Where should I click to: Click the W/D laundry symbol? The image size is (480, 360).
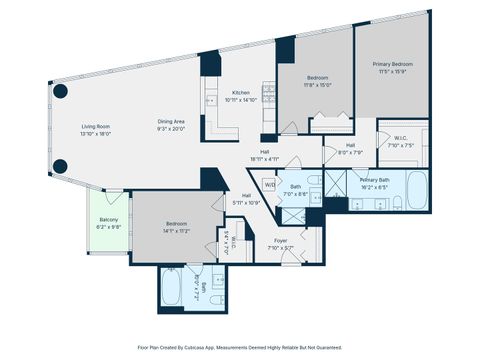[270, 185]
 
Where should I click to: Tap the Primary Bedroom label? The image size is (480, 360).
[393, 68]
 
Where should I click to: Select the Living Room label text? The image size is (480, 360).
[96, 129]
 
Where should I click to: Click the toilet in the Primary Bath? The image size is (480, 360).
[396, 203]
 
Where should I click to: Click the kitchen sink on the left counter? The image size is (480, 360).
[210, 98]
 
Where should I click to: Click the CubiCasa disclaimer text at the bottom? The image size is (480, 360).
[240, 347]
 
